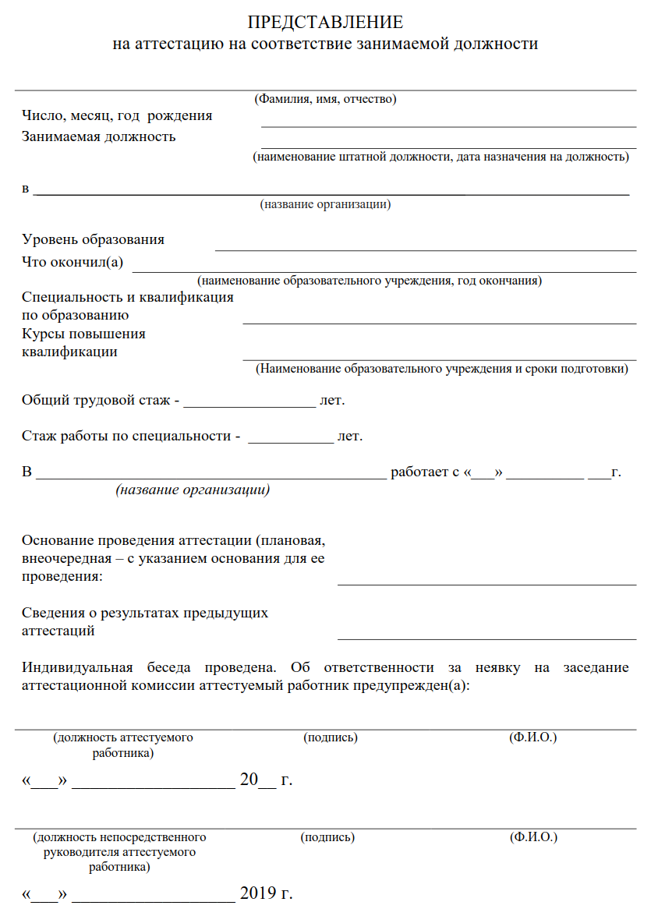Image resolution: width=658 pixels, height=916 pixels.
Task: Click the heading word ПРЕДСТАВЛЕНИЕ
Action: coord(326,22)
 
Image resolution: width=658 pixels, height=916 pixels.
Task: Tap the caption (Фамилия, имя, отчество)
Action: coord(326,99)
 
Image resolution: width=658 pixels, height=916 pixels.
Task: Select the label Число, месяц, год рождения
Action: coord(117,116)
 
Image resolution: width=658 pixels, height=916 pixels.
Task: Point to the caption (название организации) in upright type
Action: coord(325,205)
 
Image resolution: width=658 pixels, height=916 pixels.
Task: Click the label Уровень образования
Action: coord(94,239)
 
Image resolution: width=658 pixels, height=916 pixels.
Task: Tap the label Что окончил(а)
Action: coord(73,261)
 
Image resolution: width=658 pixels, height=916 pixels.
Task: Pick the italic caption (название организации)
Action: coord(193,490)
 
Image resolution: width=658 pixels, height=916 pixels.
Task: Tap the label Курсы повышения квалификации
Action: coord(83,342)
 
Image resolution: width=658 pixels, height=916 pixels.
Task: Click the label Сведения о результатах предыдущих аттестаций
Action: coord(144,621)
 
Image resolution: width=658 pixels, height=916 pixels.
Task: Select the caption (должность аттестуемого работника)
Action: coord(122,744)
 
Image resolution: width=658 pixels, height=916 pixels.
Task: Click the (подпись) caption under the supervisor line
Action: coord(327,837)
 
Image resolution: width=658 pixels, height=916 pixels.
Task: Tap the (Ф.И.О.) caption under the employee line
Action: coord(532,737)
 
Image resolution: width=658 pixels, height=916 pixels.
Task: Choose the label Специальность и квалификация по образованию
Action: coord(127,306)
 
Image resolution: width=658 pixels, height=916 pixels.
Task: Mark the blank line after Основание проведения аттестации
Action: coord(486,583)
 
